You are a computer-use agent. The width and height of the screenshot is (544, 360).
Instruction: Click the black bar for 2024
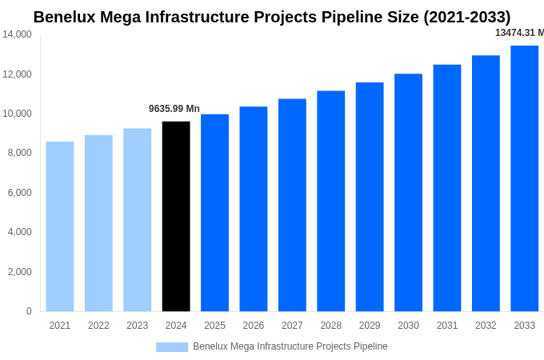(176, 216)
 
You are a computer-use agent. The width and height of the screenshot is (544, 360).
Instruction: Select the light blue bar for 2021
(60, 226)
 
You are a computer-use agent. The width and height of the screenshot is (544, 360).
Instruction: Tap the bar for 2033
(525, 178)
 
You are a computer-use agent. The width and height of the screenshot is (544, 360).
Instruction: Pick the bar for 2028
(330, 201)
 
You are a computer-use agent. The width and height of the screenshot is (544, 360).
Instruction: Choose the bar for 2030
(408, 192)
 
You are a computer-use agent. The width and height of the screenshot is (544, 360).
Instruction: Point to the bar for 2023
(137, 220)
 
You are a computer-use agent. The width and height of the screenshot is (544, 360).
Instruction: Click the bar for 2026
(254, 209)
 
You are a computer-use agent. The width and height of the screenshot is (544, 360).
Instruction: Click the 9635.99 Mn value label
(174, 109)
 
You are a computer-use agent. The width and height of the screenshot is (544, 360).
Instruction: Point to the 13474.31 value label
(519, 33)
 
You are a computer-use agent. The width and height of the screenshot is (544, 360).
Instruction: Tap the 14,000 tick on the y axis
(17, 34)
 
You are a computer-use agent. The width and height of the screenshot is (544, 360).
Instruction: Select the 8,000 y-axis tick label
(19, 153)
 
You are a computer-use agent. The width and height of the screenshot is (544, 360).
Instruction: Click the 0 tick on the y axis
(29, 311)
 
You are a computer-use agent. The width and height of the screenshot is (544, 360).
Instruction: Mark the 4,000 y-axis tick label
(19, 232)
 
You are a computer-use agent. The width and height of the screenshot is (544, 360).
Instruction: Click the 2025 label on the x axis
(214, 326)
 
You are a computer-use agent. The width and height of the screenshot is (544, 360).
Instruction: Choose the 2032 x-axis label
(486, 326)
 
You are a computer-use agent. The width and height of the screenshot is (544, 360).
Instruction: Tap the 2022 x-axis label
(98, 326)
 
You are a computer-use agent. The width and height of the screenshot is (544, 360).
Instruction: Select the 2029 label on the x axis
(370, 326)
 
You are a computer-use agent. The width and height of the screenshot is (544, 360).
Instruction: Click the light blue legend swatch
(172, 347)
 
